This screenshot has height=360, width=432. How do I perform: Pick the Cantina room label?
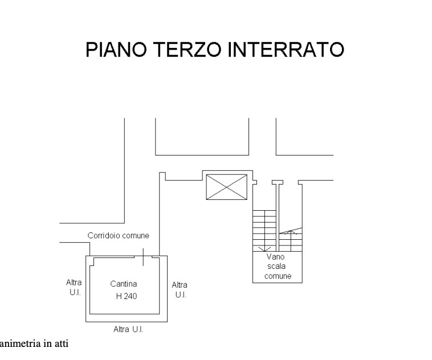pyautogui.click(x=123, y=284)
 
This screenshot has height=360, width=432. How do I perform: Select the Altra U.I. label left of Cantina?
pyautogui.click(x=74, y=287)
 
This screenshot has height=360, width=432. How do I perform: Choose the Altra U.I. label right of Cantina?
pyautogui.click(x=180, y=289)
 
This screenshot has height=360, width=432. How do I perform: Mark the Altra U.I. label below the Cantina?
pyautogui.click(x=132, y=329)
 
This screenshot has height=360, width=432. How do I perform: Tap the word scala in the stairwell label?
pyautogui.click(x=278, y=267)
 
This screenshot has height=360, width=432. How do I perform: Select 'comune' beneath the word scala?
pyautogui.click(x=278, y=276)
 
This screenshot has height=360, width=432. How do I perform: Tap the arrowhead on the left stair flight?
pyautogui.click(x=264, y=249)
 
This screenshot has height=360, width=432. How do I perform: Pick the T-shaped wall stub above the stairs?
pyautogui.click(x=277, y=182)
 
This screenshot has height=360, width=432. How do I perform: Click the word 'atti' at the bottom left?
pyautogui.click(x=62, y=343)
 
